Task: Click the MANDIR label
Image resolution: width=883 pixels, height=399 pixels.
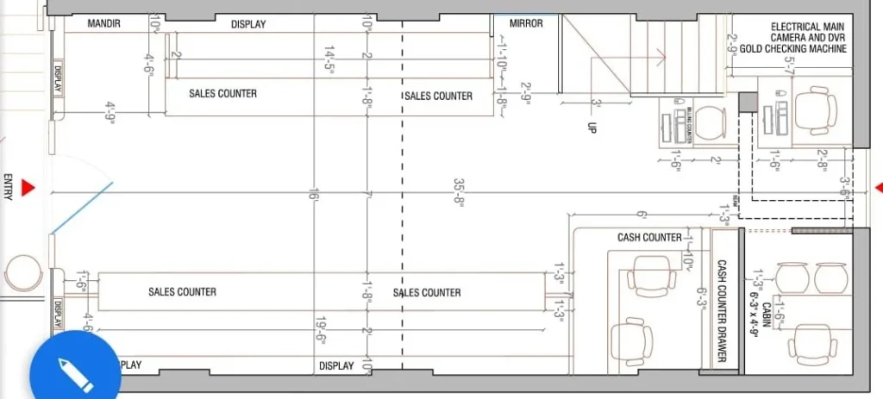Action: point(103,24)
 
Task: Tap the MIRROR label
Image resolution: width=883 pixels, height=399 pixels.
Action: point(526,24)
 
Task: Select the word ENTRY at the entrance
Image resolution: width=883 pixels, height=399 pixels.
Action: point(8,187)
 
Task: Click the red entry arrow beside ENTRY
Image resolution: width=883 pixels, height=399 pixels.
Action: point(28,187)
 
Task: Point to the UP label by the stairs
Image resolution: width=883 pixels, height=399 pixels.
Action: point(592,127)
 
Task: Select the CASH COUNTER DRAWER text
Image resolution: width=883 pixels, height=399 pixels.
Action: point(722,311)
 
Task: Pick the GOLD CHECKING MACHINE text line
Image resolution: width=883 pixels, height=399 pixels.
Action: point(792,49)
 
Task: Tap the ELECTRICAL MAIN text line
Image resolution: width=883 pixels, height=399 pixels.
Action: point(795,27)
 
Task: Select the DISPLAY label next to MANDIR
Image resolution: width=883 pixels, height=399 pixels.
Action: point(248,24)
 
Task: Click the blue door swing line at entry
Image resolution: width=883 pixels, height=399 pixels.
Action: point(82,207)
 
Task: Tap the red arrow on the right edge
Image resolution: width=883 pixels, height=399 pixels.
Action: point(878,187)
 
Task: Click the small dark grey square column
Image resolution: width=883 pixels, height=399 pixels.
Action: point(748,102)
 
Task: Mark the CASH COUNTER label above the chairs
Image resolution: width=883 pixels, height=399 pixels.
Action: point(649,237)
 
